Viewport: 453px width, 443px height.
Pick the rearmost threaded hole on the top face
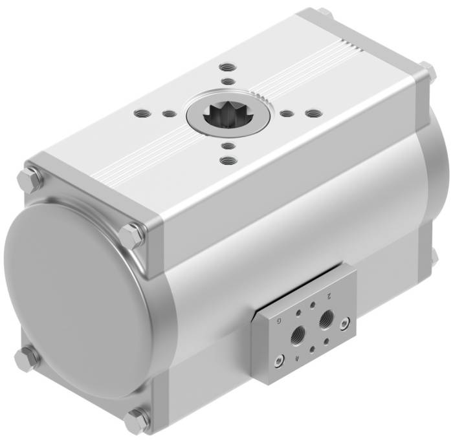point(226,67)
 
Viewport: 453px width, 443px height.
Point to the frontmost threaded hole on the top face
point(226,159)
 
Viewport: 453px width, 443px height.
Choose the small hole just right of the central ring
point(285,114)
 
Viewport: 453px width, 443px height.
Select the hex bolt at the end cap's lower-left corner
point(27,358)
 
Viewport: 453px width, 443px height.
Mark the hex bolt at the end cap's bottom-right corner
point(137,421)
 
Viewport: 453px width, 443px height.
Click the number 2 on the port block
point(329,296)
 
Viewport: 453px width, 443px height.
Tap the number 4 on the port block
point(296,357)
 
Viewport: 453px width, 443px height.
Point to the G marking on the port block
point(280,320)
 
